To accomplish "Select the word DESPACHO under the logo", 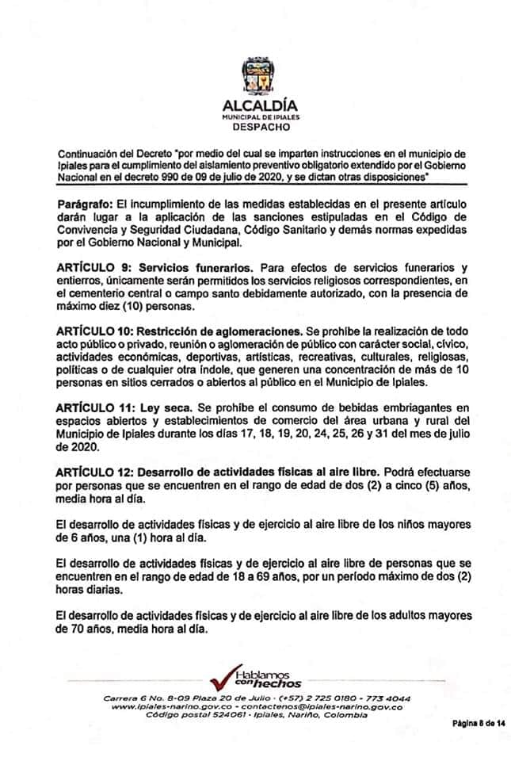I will click(x=255, y=125).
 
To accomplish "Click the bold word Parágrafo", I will click(x=86, y=204).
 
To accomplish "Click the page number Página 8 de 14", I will click(x=479, y=723).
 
